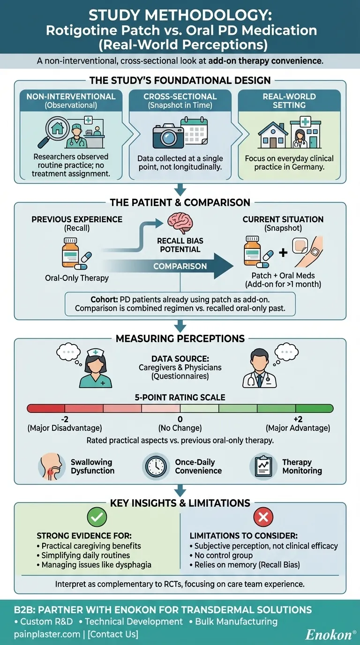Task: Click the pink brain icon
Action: tap(180, 222)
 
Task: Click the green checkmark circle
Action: tap(97, 517)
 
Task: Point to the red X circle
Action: tap(262, 517)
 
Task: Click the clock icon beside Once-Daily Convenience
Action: tap(156, 466)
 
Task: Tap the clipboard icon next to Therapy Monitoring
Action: tap(262, 466)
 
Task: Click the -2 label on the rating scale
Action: tap(64, 419)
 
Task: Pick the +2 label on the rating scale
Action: tap(298, 419)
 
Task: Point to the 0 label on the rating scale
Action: tap(180, 419)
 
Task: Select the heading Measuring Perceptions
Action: tap(180, 338)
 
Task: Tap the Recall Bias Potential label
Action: tap(180, 245)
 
